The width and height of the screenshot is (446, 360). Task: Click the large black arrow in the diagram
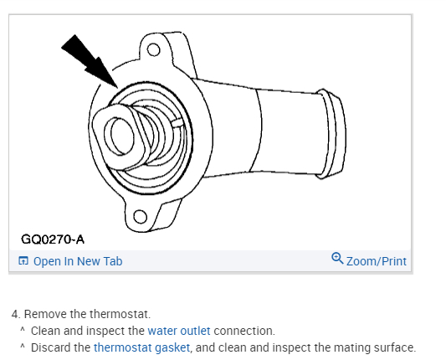click(90, 62)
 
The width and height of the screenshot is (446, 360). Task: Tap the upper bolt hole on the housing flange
click(154, 49)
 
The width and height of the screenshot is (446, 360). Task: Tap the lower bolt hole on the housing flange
click(140, 217)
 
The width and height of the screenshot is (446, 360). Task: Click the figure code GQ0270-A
click(53, 239)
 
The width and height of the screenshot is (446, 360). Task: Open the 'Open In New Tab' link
click(78, 261)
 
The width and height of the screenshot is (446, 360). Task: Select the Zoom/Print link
click(377, 261)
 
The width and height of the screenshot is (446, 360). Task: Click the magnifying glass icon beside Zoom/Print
click(337, 259)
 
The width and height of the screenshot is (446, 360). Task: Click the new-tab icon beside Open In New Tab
click(23, 260)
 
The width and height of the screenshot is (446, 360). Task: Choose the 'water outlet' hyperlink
click(179, 331)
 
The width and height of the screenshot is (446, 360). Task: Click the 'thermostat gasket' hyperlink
click(141, 347)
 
